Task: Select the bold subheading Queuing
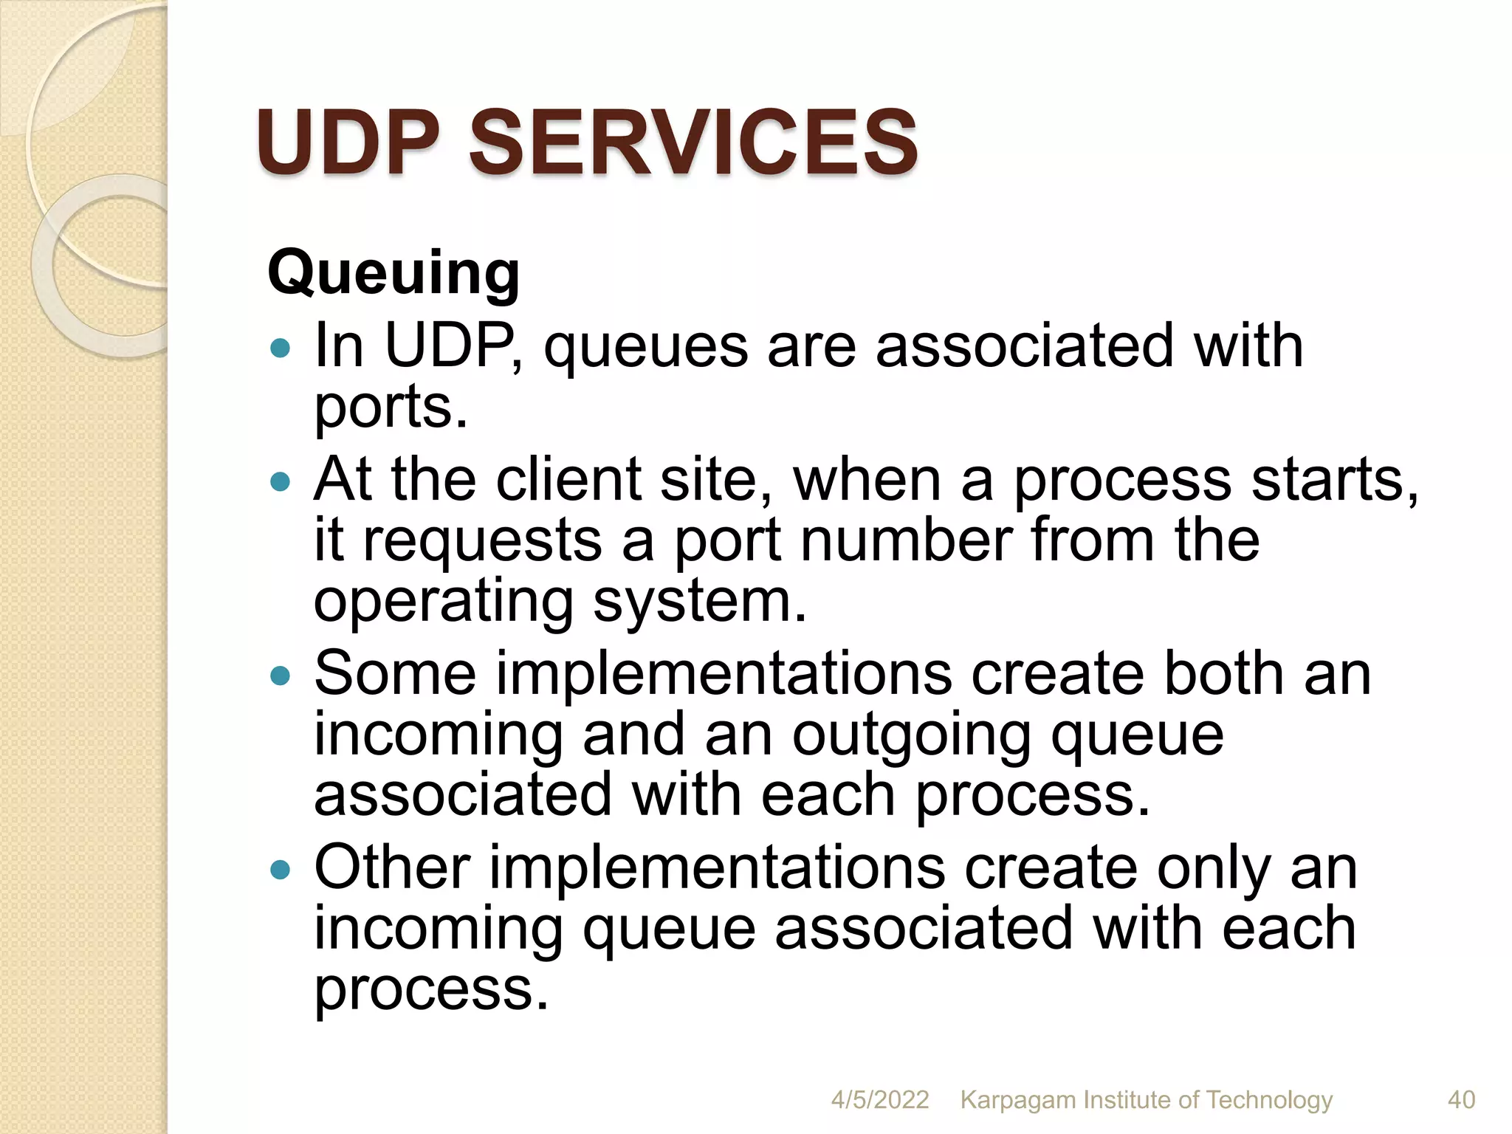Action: click(394, 274)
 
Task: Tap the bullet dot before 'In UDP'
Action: click(281, 348)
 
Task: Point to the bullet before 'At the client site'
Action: click(281, 482)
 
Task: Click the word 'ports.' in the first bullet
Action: click(391, 408)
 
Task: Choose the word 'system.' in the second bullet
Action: click(700, 602)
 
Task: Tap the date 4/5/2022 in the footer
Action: click(879, 1100)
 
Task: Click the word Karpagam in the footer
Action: click(1018, 1100)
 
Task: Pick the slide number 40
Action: click(1461, 1100)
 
